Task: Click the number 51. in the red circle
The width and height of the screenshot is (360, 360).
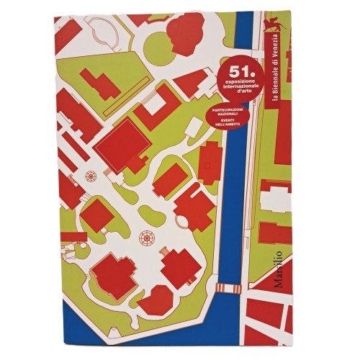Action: tap(238, 71)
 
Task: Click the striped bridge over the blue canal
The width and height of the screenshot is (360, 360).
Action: tap(228, 288)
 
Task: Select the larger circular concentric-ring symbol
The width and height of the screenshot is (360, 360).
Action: tap(147, 238)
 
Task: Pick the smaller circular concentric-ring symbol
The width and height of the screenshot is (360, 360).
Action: tap(91, 175)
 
